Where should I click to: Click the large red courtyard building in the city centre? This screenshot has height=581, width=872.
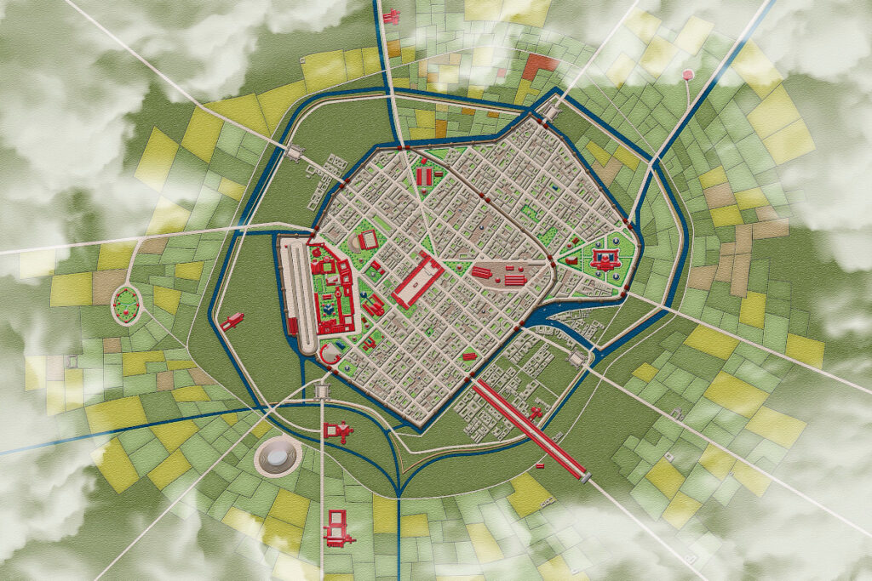click(x=416, y=282)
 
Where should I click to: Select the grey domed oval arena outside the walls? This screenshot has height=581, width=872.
click(x=277, y=458)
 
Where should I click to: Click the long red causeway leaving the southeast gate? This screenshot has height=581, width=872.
click(x=528, y=425)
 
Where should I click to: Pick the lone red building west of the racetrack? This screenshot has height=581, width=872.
click(x=232, y=321)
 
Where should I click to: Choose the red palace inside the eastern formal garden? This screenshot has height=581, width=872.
click(x=607, y=257)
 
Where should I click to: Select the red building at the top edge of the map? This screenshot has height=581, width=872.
click(x=392, y=16)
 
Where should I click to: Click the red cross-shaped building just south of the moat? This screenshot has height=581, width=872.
click(x=338, y=431)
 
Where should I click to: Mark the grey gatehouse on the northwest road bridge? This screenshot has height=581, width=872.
click(x=296, y=153)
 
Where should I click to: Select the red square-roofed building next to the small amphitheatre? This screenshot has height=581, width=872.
click(x=368, y=241)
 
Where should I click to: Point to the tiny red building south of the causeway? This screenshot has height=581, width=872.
click(x=539, y=466)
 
